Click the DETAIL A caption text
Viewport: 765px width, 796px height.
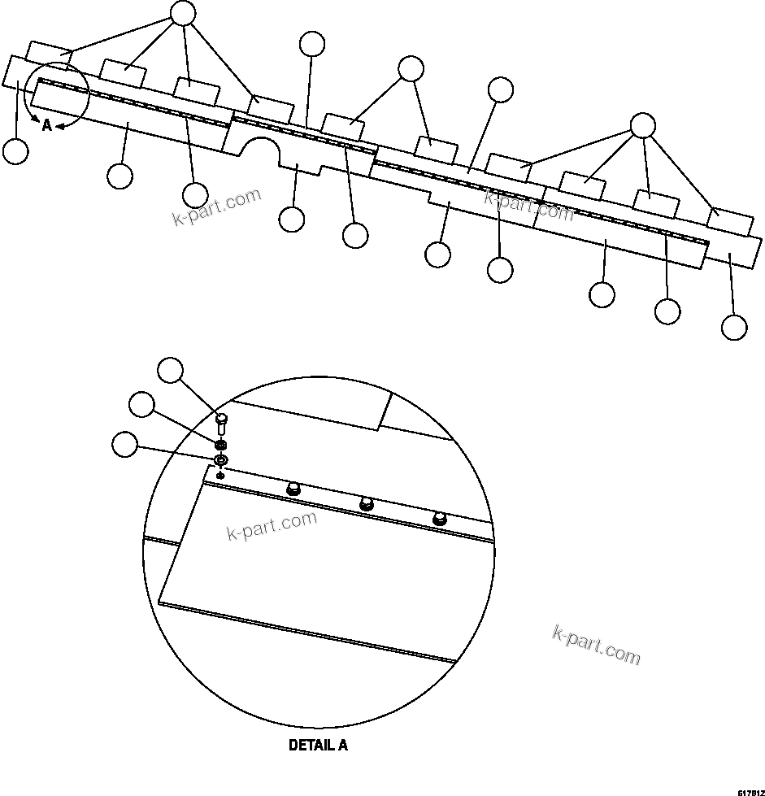[318, 745]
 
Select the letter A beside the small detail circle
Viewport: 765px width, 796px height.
[47, 125]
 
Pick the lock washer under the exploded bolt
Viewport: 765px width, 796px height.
[220, 446]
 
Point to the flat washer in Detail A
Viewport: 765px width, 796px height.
[221, 461]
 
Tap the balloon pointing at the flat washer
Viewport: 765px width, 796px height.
[125, 445]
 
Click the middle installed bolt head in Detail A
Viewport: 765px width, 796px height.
[366, 503]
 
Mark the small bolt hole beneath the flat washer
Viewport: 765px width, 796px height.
[221, 474]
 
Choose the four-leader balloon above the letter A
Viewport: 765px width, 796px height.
[183, 12]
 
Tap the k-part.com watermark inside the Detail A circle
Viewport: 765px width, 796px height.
[270, 526]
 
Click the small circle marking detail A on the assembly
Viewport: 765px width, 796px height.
[57, 95]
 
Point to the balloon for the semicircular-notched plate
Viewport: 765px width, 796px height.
[291, 218]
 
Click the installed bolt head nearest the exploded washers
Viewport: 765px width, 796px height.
[293, 489]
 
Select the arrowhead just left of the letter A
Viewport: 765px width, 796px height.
[36, 121]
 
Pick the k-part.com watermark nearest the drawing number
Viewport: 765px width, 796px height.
[596, 644]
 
